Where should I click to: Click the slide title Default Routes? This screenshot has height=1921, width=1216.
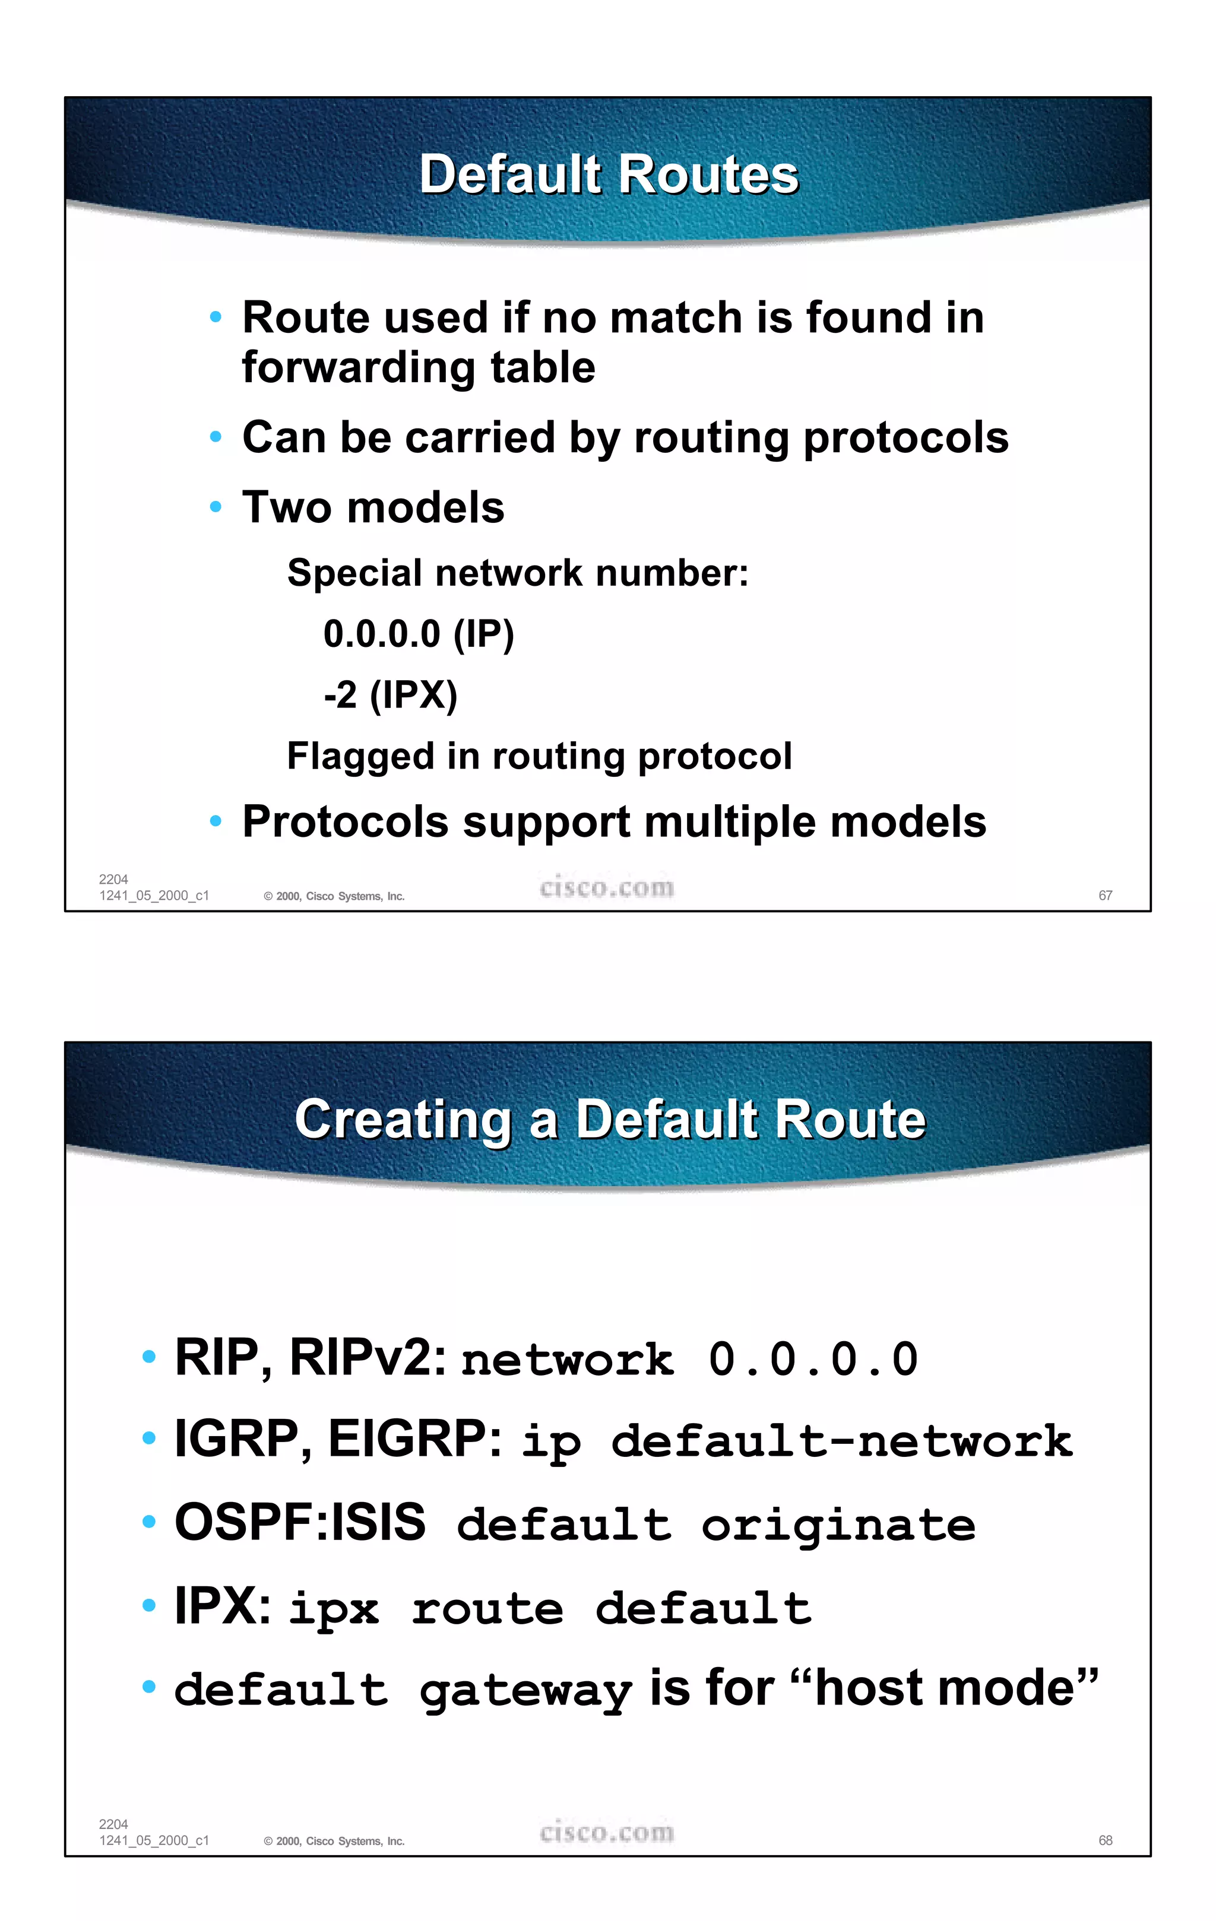(x=609, y=174)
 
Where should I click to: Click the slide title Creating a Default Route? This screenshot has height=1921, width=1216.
(x=610, y=1119)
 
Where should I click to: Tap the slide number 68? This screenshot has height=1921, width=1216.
(x=1105, y=1840)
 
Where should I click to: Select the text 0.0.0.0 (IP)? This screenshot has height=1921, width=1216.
(x=418, y=634)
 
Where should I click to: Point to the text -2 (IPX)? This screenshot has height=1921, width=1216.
(x=390, y=695)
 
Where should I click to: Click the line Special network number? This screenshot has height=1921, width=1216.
(x=518, y=573)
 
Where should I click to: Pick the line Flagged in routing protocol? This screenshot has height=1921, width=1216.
(x=539, y=756)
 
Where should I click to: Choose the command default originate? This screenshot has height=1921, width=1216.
(x=715, y=1525)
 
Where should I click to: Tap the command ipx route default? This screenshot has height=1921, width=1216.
(x=550, y=1608)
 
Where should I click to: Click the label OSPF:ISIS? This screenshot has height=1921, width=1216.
(x=300, y=1522)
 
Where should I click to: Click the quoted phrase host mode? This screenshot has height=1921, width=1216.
(x=945, y=1689)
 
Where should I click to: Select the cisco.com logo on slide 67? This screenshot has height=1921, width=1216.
(x=606, y=887)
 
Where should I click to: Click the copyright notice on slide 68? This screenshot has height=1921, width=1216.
(x=334, y=1841)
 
